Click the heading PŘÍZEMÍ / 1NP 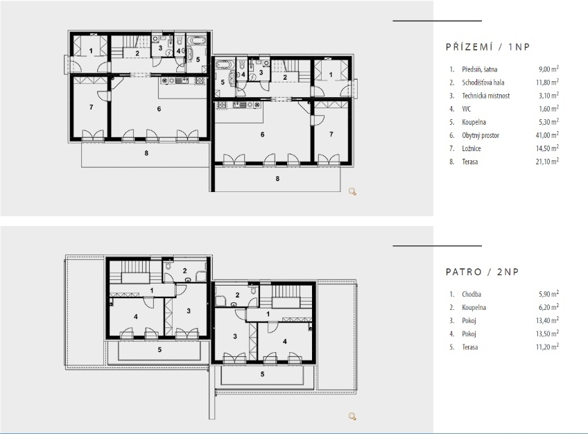488,47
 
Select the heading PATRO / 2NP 482,272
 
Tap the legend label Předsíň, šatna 480,69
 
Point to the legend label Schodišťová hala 483,83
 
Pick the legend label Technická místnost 485,96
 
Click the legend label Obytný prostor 481,135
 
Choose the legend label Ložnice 472,148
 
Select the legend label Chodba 472,294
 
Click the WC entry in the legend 467,109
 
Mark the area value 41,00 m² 547,135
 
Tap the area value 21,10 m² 547,162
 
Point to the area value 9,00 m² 548,69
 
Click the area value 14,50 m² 547,148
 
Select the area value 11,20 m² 547,347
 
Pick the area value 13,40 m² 547,320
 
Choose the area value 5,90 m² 548,294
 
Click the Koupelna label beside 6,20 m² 474,307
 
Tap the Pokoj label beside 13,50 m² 469,333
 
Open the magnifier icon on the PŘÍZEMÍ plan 352,192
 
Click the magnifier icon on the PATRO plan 352,417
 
